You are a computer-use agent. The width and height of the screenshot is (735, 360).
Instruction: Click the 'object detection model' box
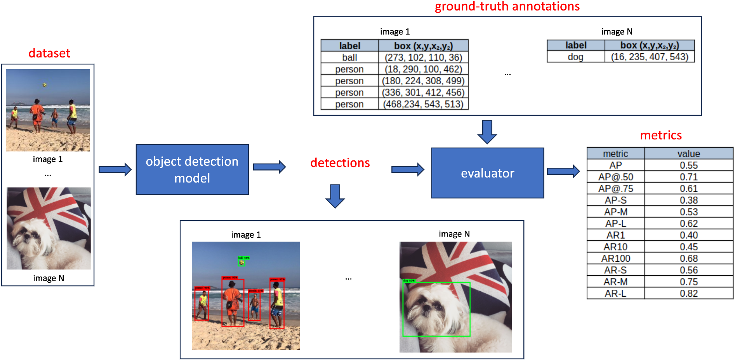click(192, 170)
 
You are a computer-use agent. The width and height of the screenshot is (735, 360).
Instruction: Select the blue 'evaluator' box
click(487, 173)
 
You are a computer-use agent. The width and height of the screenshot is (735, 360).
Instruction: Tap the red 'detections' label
click(340, 163)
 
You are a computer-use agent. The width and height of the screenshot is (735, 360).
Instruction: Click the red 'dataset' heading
click(49, 53)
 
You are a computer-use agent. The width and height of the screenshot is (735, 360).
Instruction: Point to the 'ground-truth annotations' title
click(507, 7)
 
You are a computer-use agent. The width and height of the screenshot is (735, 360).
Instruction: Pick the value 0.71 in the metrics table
click(688, 177)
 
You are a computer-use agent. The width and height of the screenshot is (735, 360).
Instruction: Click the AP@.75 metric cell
click(615, 189)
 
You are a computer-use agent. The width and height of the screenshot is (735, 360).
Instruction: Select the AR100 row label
click(615, 259)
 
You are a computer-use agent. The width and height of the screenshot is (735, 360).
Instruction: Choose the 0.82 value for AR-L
click(688, 294)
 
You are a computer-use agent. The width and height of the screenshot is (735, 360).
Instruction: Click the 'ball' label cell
click(349, 57)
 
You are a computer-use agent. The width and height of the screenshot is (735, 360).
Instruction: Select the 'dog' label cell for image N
click(575, 57)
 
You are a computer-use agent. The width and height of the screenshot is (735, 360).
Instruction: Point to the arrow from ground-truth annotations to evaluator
click(487, 132)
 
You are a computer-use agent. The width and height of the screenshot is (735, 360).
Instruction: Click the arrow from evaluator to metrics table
click(563, 171)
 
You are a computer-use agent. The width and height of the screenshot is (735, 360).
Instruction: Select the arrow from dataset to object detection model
click(115, 169)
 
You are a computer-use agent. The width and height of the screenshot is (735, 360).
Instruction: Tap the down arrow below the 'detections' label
click(335, 196)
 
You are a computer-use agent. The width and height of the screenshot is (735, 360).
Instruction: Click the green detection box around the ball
click(242, 263)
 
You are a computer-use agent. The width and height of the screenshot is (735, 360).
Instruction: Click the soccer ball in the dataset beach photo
click(45, 85)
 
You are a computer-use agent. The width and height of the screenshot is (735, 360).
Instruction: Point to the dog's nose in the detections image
click(426, 308)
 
